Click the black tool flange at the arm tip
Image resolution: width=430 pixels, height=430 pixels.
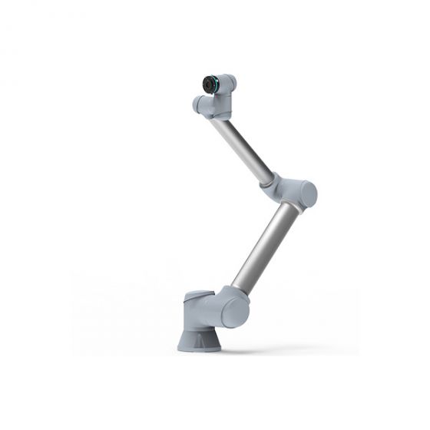(208, 84)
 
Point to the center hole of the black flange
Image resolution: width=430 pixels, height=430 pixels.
(204, 84)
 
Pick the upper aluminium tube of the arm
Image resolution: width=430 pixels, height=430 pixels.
(243, 148)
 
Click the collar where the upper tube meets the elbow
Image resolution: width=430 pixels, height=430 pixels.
(267, 181)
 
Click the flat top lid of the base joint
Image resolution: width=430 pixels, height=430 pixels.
(197, 294)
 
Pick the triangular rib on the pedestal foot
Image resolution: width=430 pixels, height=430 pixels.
(201, 336)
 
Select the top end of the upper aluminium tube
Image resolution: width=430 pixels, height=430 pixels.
(220, 122)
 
